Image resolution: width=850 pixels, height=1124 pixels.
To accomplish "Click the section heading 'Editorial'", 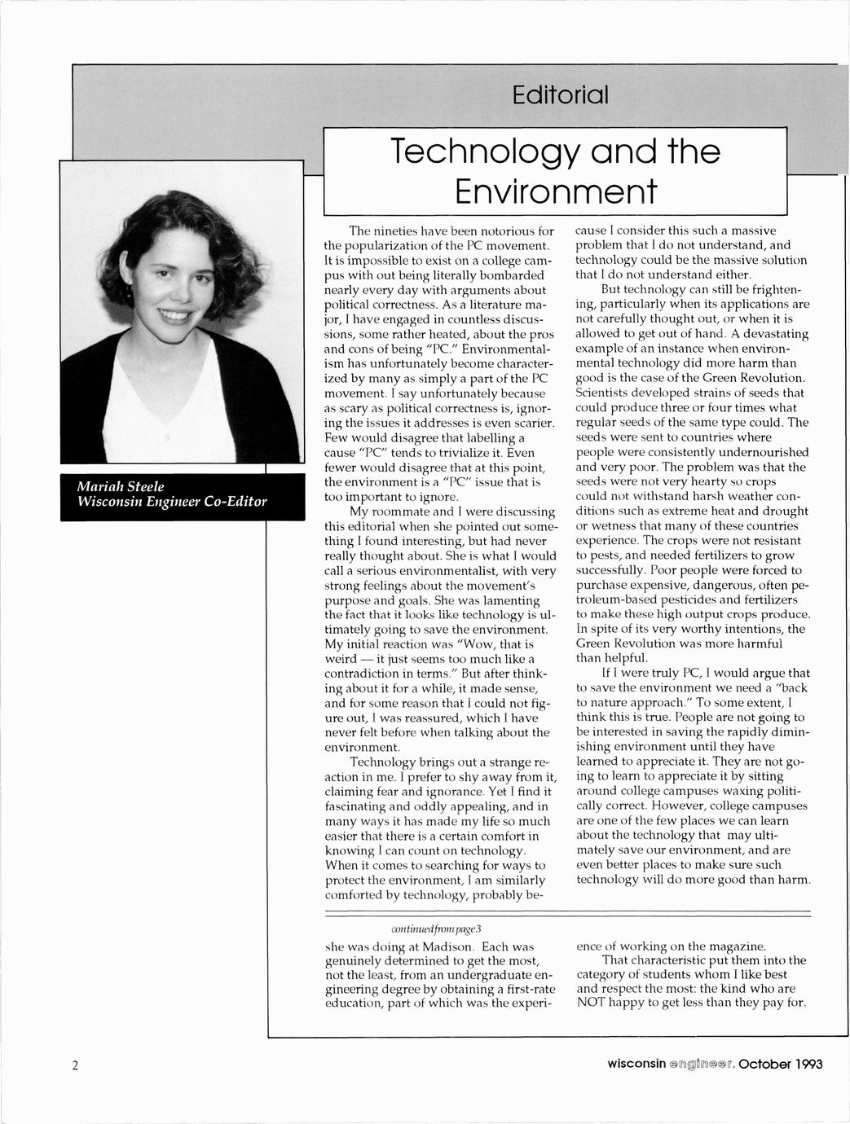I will (x=560, y=96).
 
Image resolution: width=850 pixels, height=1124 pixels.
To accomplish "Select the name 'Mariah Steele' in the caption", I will (x=120, y=486).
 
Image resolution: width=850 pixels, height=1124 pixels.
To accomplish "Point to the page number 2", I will (x=74, y=1065).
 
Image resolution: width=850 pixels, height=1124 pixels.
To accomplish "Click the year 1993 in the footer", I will (x=803, y=1065).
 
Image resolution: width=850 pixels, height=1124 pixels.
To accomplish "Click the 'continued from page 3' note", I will (x=442, y=929).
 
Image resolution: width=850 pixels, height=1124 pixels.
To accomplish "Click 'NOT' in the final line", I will (x=592, y=1003).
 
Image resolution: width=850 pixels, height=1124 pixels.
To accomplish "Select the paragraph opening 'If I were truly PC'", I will (x=693, y=673).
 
